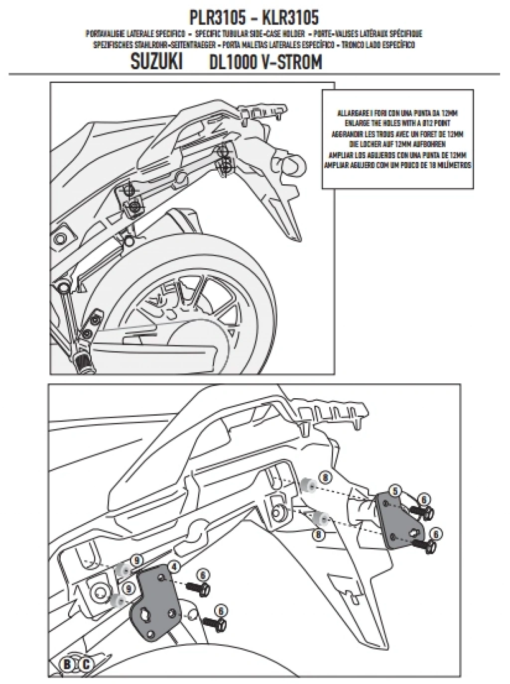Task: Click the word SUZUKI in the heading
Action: tap(156, 63)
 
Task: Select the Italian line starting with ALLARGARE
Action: tap(397, 114)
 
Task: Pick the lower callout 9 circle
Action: tap(129, 588)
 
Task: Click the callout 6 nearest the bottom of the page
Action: tap(222, 609)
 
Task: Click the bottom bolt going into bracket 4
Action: tap(213, 621)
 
